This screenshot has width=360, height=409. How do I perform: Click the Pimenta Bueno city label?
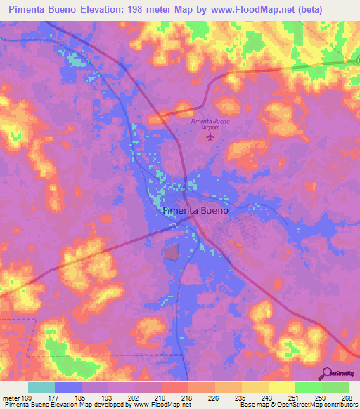[x=195, y=210]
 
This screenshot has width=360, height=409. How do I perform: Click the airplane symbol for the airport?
[x=210, y=136]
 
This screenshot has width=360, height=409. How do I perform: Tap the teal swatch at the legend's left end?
[x=41, y=387]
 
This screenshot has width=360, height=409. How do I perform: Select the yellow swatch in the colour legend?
[x=281, y=387]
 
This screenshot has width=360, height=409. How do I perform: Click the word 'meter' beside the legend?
[x=11, y=397]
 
